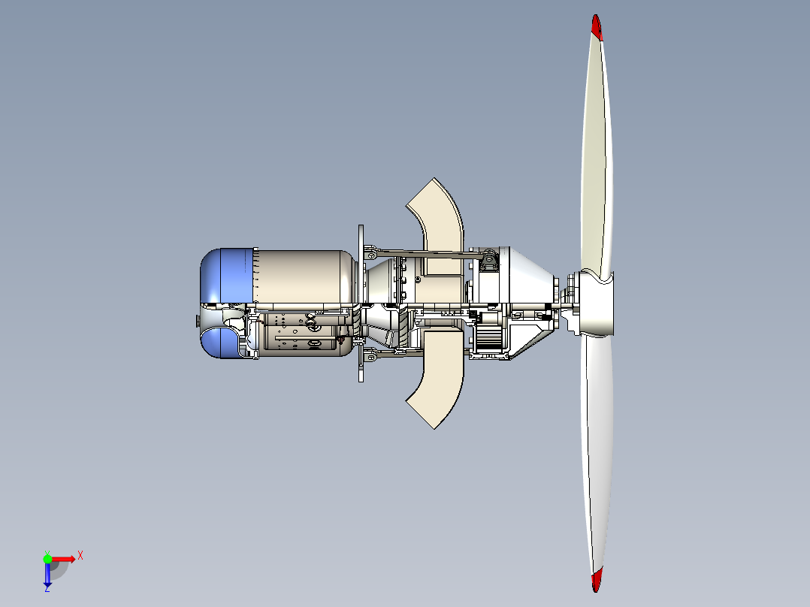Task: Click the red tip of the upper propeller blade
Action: [x=597, y=27]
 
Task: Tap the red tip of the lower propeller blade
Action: [x=597, y=578]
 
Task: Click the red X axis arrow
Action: [x=63, y=558]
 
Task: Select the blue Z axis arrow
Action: [x=47, y=575]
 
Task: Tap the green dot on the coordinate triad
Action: [x=47, y=557]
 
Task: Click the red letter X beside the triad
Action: [x=80, y=555]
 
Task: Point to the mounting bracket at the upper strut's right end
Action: [x=489, y=261]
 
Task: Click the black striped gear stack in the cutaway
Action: [x=489, y=338]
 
